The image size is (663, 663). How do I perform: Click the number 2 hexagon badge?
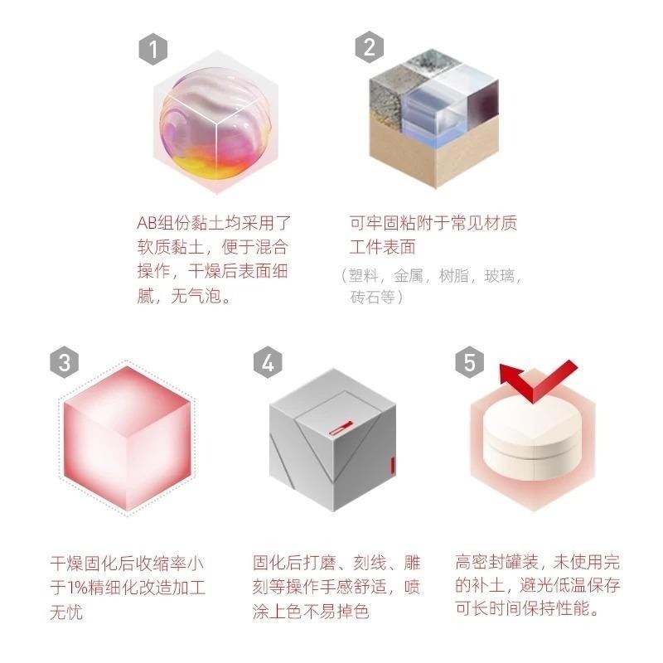370,47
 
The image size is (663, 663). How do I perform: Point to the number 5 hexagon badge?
470,362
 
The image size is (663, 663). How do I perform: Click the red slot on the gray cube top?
341,428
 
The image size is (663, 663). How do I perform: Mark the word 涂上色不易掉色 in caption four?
311,613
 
